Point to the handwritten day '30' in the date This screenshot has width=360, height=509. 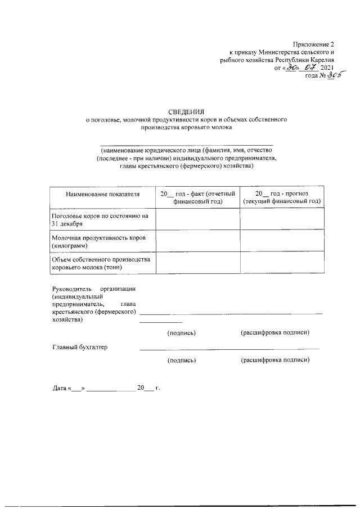point(292,67)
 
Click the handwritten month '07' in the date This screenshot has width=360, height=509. point(310,67)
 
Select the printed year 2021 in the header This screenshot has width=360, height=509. point(327,68)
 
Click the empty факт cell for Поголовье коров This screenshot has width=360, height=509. point(197,219)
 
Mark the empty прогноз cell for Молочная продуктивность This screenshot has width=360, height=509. point(282,242)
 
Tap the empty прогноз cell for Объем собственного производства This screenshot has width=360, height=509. point(282,264)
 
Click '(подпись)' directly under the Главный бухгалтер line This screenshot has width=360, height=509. point(182,359)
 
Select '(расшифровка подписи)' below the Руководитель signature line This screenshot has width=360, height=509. point(275,333)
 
